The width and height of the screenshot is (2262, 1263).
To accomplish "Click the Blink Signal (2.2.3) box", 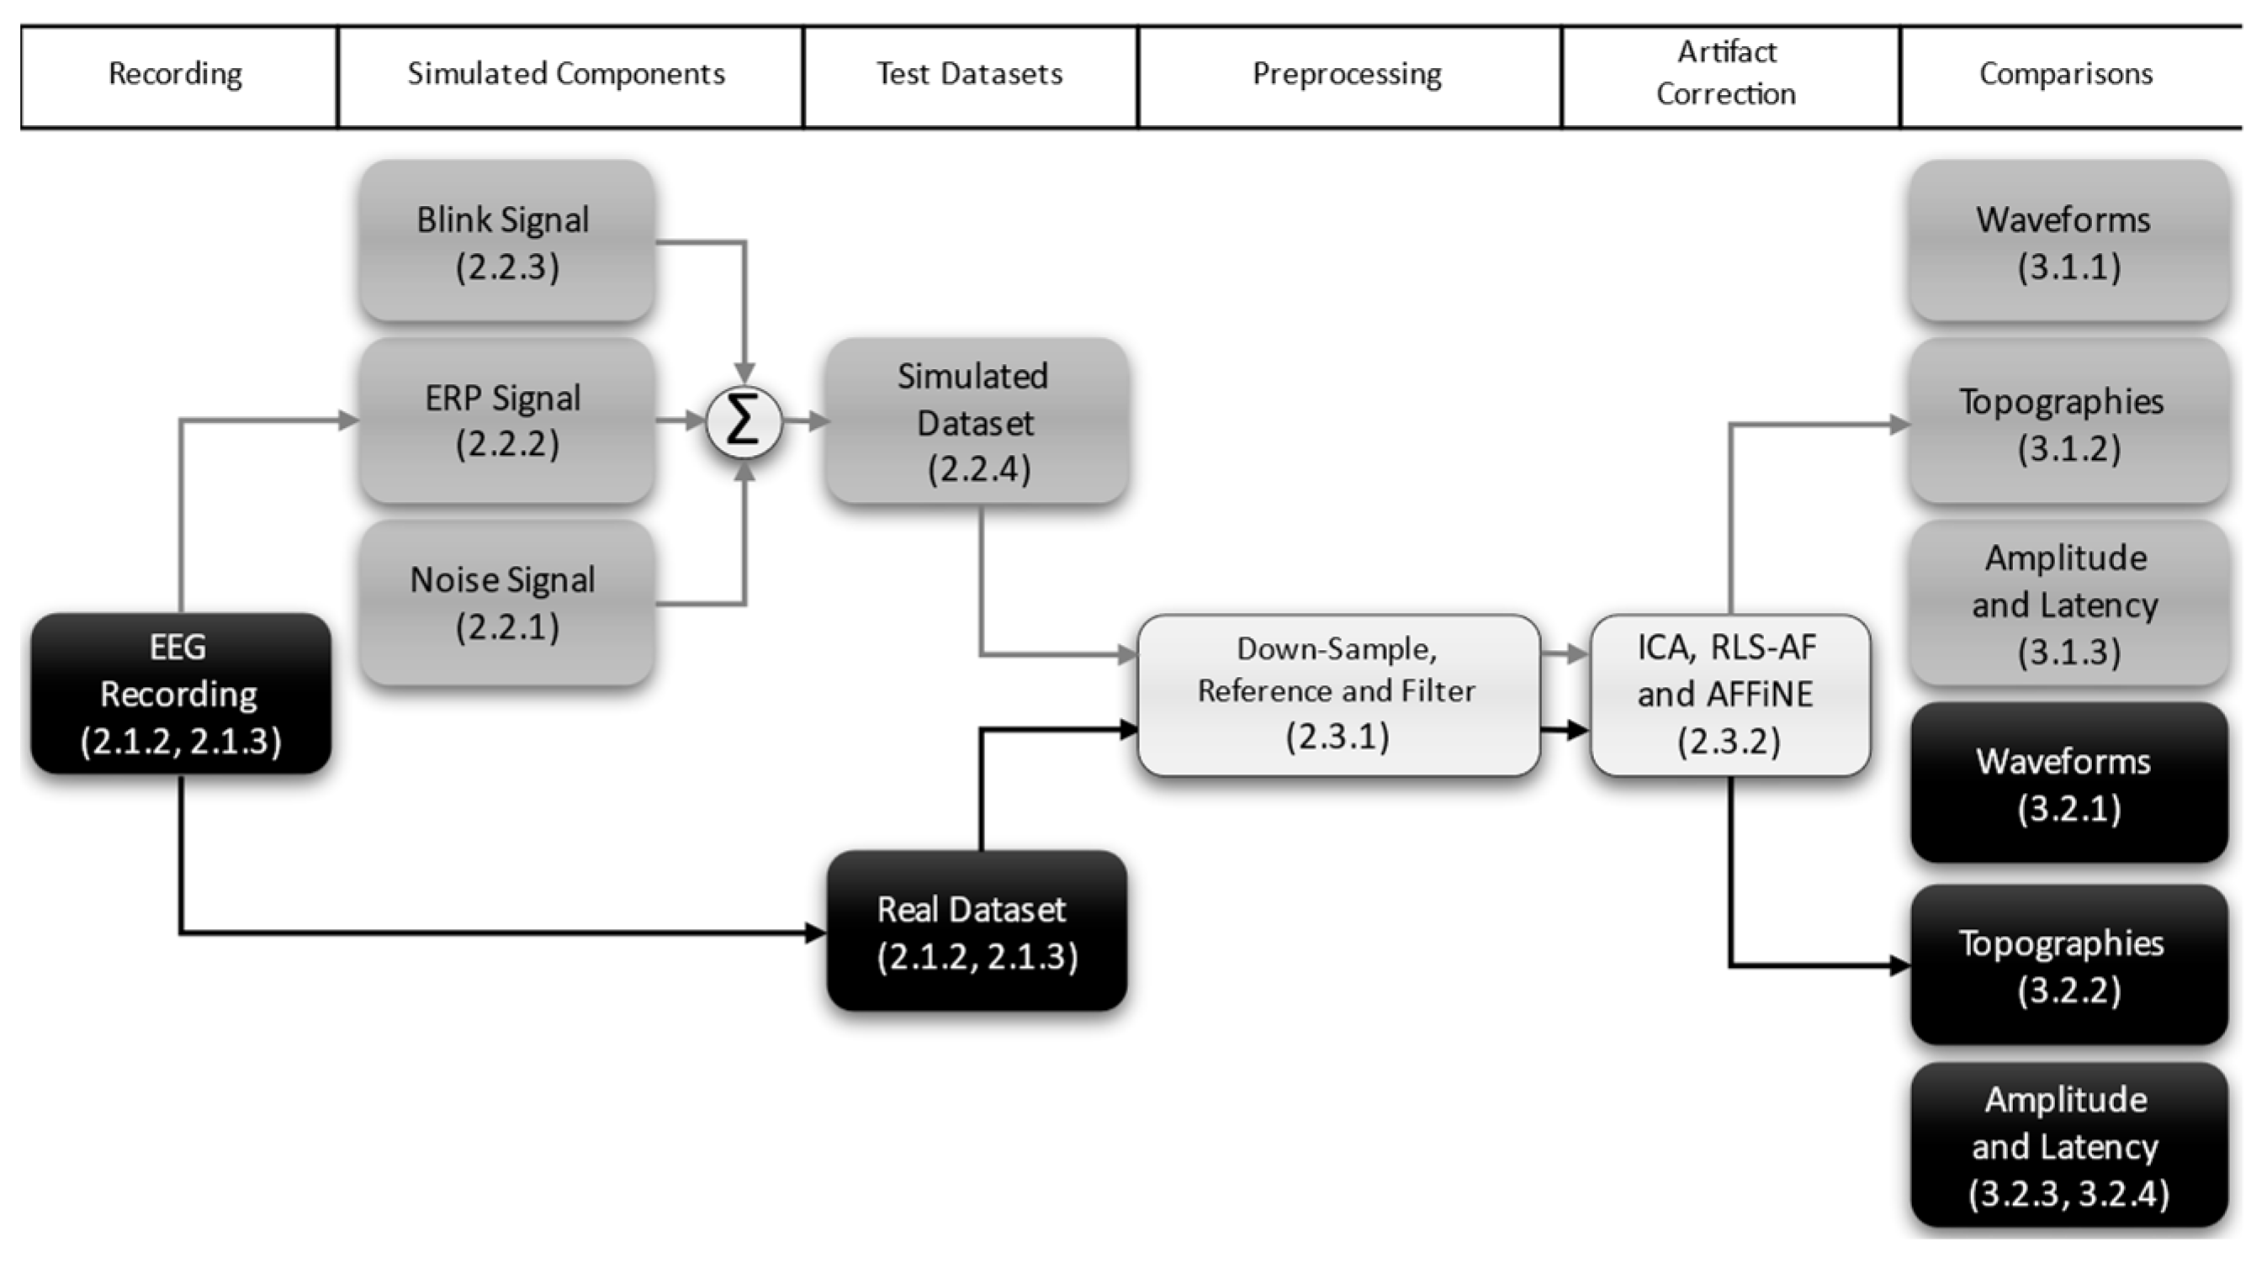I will pyautogui.click(x=505, y=242).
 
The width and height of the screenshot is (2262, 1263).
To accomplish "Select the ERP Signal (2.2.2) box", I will pyautogui.click(x=505, y=421).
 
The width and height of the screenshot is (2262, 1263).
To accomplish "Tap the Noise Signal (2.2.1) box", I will pyautogui.click(x=505, y=603).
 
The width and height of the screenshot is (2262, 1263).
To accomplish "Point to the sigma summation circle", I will pyautogui.click(x=744, y=422).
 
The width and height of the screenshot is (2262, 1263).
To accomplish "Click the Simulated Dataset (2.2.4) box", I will pyautogui.click(x=976, y=422).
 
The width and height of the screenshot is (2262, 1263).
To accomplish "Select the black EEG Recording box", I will pyautogui.click(x=180, y=694).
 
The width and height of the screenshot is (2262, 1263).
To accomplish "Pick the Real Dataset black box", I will pyautogui.click(x=976, y=931).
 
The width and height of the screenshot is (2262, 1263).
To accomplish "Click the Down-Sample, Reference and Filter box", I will pyautogui.click(x=1338, y=695).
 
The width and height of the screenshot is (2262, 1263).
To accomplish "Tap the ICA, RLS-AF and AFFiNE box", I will pyautogui.click(x=1728, y=695).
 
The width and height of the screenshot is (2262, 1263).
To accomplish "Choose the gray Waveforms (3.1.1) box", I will pyautogui.click(x=2067, y=242).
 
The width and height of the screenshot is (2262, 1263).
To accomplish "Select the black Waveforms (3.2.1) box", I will pyautogui.click(x=2067, y=784).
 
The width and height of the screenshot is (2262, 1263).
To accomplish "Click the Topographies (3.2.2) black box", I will pyautogui.click(x=2067, y=965).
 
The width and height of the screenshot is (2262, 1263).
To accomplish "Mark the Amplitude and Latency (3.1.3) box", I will pyautogui.click(x=2067, y=604).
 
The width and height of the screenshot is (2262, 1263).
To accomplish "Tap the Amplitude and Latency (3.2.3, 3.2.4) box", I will pyautogui.click(x=2067, y=1145).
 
